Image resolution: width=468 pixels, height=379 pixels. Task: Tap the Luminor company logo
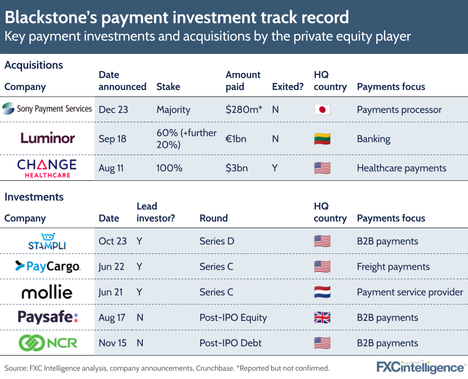coord(47,138)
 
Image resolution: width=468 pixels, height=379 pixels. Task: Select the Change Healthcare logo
coord(47,168)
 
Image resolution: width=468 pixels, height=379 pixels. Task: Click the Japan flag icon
coord(322,110)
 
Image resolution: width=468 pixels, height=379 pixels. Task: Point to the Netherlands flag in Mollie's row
coord(322,292)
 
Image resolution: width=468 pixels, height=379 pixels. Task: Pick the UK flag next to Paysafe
coord(322,318)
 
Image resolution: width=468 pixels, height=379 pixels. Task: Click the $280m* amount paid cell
coord(244,110)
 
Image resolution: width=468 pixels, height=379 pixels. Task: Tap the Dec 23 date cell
coord(113,110)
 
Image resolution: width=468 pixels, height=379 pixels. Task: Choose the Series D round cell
coord(217,241)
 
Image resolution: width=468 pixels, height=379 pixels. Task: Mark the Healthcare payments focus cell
coord(402,168)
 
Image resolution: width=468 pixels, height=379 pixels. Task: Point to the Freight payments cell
coord(393,267)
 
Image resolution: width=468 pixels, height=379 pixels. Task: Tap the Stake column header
coord(168,87)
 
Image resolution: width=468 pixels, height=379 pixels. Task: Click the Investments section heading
coord(34,197)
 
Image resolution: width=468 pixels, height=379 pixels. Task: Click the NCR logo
coord(47,343)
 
